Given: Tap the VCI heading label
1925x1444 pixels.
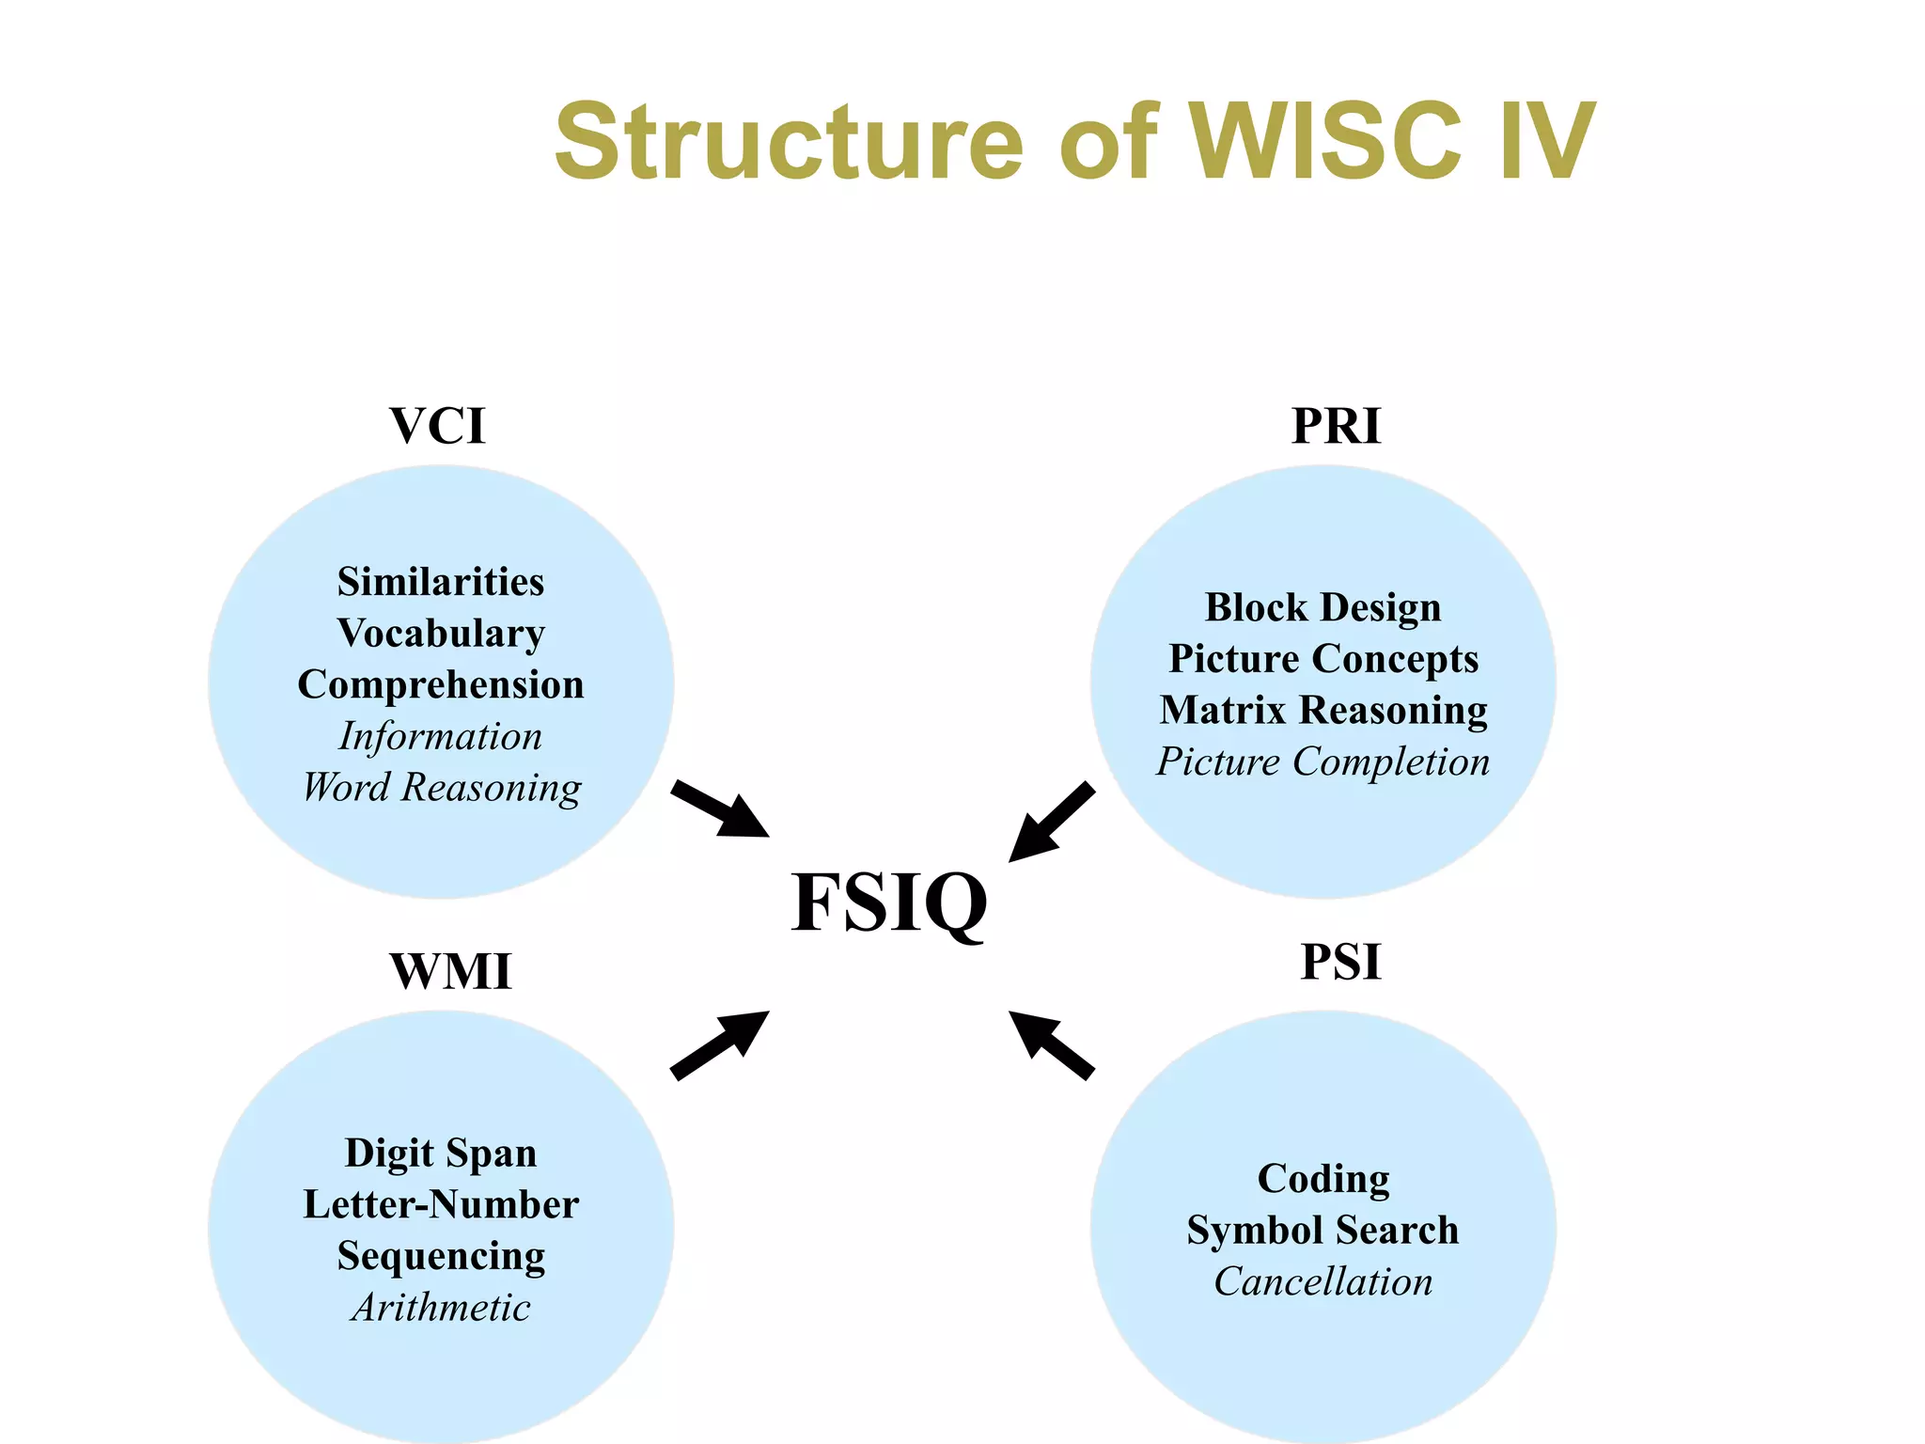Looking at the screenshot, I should [437, 426].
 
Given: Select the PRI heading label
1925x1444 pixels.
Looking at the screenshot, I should [1336, 426].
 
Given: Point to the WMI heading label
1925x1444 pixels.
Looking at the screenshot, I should [450, 971].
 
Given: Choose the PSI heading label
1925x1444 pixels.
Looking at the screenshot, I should [1340, 962].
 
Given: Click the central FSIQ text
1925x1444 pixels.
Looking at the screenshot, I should [888, 902].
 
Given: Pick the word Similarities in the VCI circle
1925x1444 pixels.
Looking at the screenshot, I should [441, 582].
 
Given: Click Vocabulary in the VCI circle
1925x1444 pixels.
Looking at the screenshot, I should [441, 634].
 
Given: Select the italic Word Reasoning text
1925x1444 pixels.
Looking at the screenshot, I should [441, 788].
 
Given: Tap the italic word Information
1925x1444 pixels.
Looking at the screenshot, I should [441, 736].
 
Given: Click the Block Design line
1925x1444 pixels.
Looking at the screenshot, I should [1322, 607].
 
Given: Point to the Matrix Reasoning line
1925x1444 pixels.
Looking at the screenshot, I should [1322, 711].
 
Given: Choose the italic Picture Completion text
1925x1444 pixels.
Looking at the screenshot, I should [1322, 761].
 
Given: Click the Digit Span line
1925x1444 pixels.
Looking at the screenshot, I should [441, 1154].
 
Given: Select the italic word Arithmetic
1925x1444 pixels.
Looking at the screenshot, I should [441, 1308].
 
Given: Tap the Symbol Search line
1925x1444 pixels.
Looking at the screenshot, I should [1322, 1231].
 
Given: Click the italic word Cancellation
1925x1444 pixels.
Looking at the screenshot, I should [1322, 1282].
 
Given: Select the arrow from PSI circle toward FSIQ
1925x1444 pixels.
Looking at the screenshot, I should [1051, 1044].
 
